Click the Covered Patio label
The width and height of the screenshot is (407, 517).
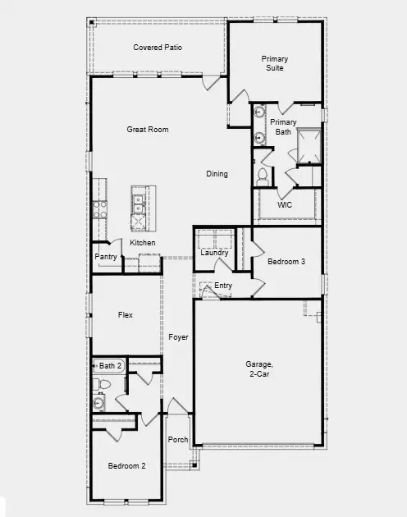pyautogui.click(x=158, y=48)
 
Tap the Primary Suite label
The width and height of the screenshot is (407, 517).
pyautogui.click(x=275, y=63)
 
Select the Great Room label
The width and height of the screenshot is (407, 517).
pyautogui.click(x=147, y=130)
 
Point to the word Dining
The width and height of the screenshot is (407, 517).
pyautogui.click(x=217, y=174)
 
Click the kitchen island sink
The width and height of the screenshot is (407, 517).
pyautogui.click(x=139, y=197)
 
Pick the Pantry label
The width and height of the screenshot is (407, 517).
pyautogui.click(x=106, y=257)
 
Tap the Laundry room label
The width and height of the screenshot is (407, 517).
pyautogui.click(x=214, y=253)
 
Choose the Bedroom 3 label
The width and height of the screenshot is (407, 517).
pyautogui.click(x=286, y=262)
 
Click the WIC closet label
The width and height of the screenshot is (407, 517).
pyautogui.click(x=285, y=204)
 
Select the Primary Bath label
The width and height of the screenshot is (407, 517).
pyautogui.click(x=283, y=127)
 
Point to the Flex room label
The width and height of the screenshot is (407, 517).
pyautogui.click(x=126, y=315)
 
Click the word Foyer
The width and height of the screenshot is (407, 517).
pyautogui.click(x=178, y=337)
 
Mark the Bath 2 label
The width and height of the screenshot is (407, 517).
pyautogui.click(x=110, y=365)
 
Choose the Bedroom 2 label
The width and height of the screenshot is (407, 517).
pyautogui.click(x=126, y=466)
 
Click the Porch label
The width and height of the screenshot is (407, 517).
pyautogui.click(x=178, y=440)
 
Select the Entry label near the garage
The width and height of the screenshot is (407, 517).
pyautogui.click(x=223, y=286)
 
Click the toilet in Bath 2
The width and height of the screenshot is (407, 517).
pyautogui.click(x=104, y=384)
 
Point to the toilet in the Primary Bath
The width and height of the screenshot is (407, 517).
pyautogui.click(x=263, y=175)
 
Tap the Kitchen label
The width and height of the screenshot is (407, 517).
pyautogui.click(x=142, y=243)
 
